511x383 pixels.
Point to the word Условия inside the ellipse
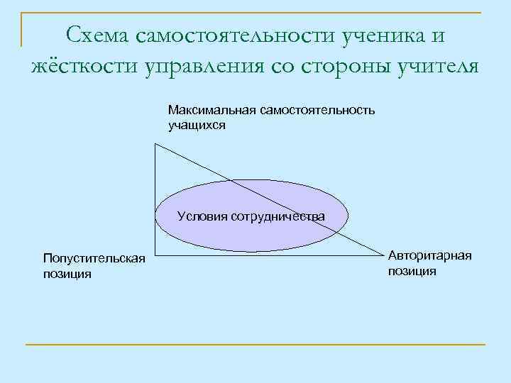(202, 216)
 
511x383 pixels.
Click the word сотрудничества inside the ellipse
(278, 216)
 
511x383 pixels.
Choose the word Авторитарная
(429, 255)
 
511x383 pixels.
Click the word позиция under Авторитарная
(412, 270)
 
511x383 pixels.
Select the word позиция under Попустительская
(67, 274)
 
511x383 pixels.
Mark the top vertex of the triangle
(155, 144)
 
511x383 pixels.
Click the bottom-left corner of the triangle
(155, 255)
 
